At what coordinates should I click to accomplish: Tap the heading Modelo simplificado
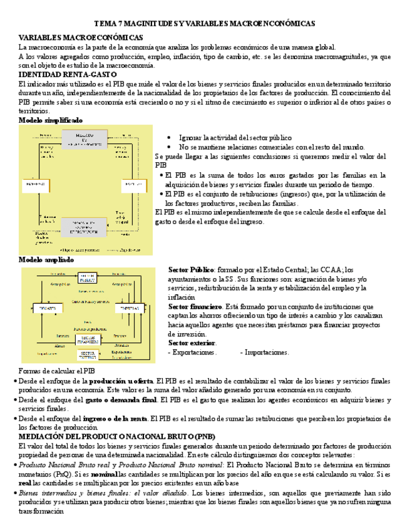[50, 120]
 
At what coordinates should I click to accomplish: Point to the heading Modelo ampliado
[46, 259]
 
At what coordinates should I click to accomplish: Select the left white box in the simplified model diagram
[34, 185]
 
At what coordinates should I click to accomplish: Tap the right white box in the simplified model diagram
[132, 185]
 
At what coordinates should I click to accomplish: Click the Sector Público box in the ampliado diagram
[88, 277]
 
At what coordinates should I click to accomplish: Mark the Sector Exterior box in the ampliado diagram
[87, 355]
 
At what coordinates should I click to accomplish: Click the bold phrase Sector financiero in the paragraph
[195, 307]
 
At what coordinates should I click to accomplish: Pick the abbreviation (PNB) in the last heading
[202, 436]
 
